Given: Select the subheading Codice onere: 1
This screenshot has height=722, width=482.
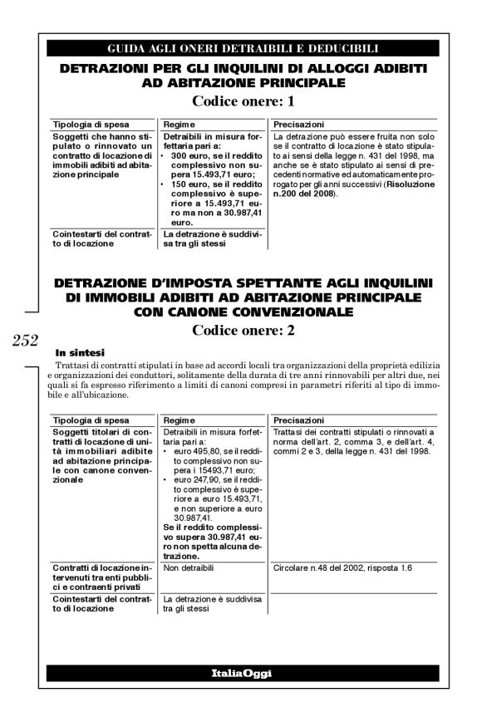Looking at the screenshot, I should pyautogui.click(x=243, y=102).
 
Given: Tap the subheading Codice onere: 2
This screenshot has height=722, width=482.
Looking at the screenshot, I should pyautogui.click(x=243, y=329).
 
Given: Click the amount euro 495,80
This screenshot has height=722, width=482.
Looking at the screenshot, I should pyautogui.click(x=193, y=449).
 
